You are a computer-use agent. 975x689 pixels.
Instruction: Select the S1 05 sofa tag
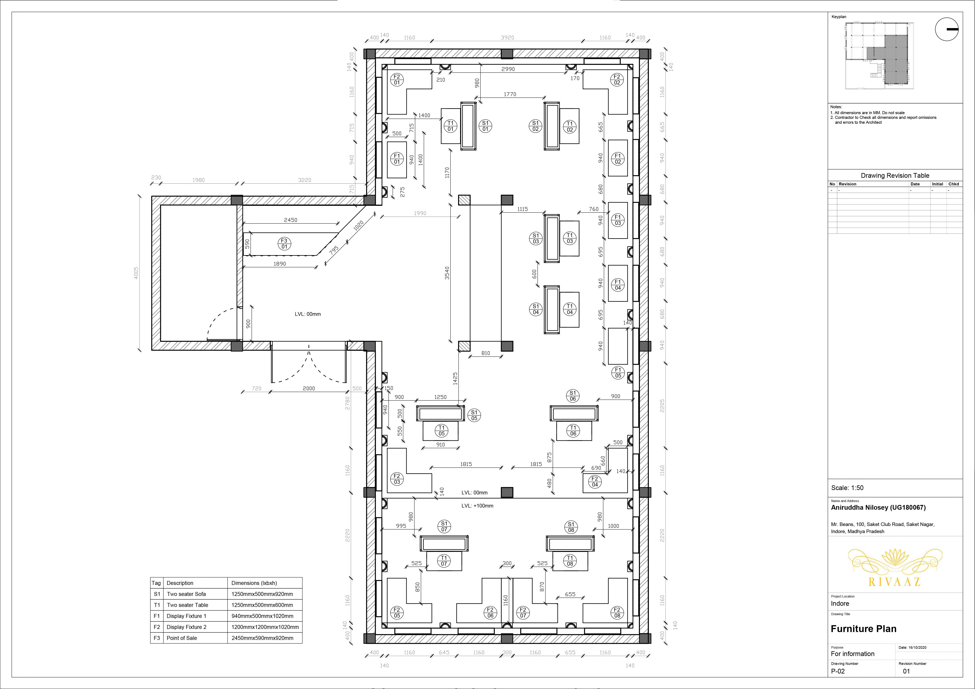pos(474,415)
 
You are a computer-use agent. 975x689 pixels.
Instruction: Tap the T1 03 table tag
pos(570,238)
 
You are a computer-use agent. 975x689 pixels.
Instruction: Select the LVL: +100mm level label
pos(477,506)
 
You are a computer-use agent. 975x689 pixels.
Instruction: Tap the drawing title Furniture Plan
pos(863,629)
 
